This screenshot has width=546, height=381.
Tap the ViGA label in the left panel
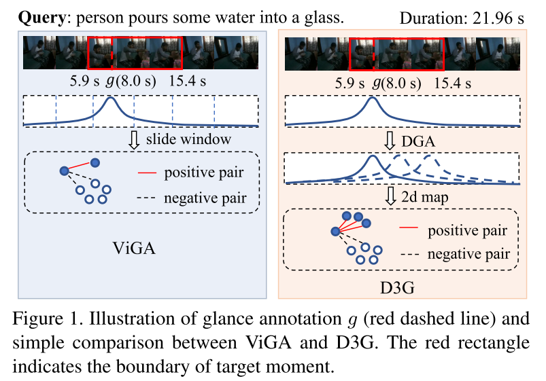133,249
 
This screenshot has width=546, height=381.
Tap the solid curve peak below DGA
371,158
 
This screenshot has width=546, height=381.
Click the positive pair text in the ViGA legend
203,173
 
